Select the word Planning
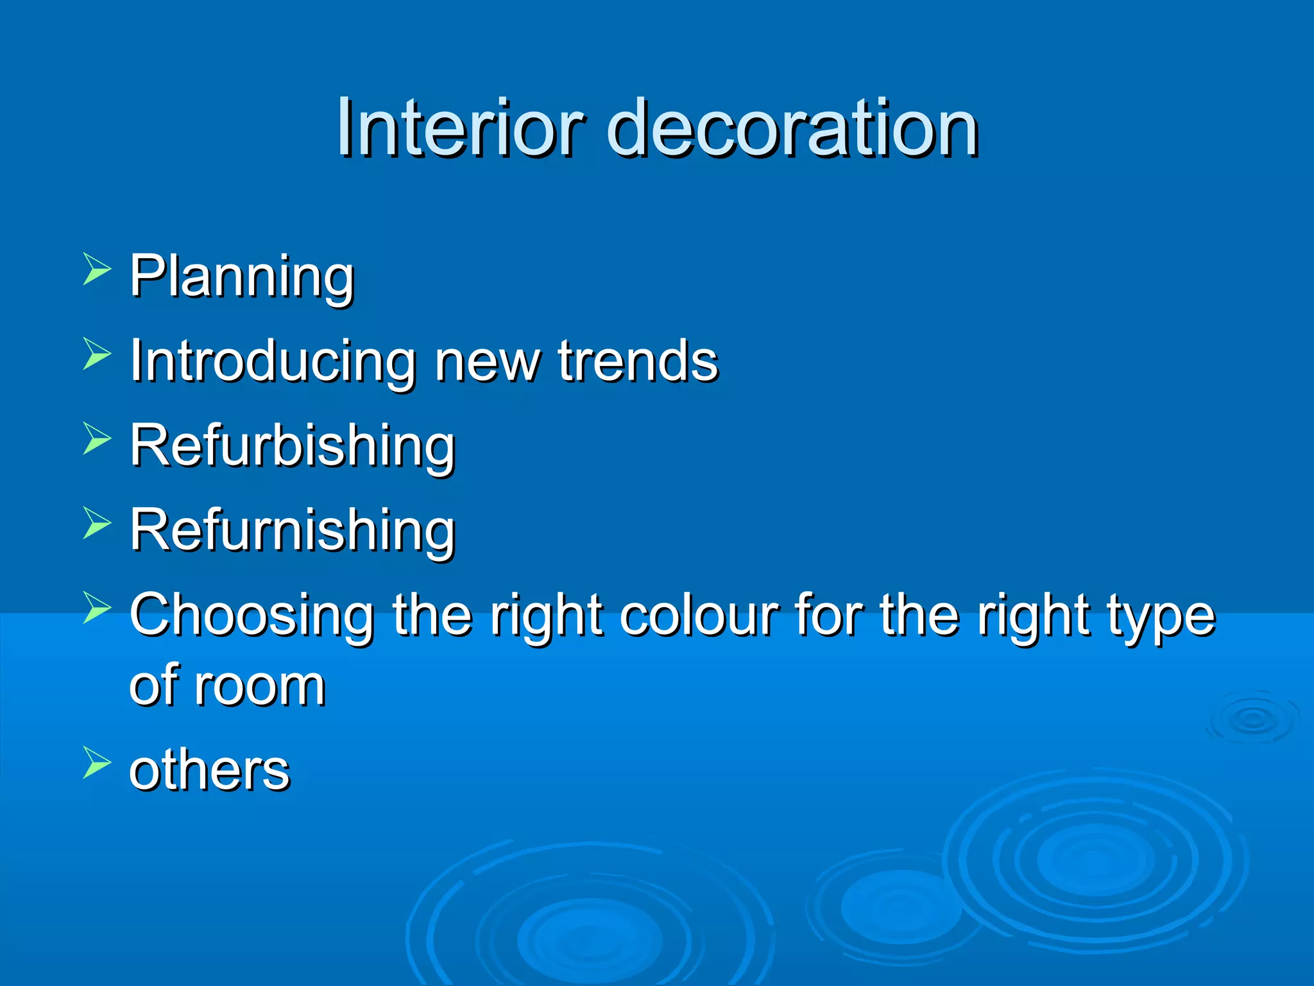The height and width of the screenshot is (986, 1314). pos(242,277)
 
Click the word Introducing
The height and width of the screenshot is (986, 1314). pos(273,362)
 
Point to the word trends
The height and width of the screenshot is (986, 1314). pos(638,361)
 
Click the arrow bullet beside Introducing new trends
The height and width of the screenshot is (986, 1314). pos(97,354)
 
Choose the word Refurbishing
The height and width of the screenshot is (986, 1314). pos(293,446)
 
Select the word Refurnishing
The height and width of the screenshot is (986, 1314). pos(293,531)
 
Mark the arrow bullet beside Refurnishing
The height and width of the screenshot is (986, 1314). pos(97,523)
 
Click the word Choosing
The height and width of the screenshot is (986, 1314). pos(252,616)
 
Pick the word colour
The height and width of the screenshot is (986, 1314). pos(699,615)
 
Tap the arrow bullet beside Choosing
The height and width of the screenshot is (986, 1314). pos(97,608)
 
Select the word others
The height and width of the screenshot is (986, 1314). pos(209,770)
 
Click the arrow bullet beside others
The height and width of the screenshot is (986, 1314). pos(97,763)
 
